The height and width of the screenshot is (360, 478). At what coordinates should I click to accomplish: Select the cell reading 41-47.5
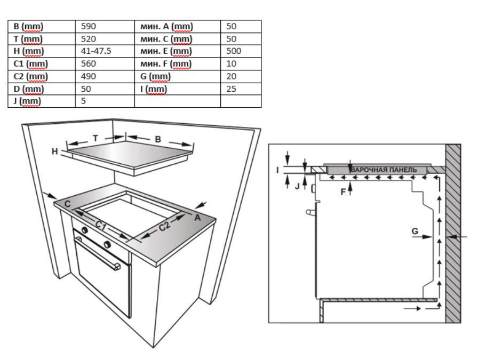coord(95,51)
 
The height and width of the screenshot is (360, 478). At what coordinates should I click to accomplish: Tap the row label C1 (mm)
coord(30,64)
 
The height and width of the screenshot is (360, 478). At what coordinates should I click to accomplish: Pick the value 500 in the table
coord(234,51)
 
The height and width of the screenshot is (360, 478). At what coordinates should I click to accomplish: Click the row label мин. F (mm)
coord(166,64)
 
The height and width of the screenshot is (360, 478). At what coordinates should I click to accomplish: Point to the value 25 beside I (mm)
coord(231,89)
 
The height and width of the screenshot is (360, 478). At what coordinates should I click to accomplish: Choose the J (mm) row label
coord(27,101)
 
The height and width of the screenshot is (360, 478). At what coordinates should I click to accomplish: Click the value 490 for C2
coord(88,76)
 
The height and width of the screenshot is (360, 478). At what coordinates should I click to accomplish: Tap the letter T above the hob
coord(95,138)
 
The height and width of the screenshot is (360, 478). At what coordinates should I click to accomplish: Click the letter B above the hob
coord(157,139)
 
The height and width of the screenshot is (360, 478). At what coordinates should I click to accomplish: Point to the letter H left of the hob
coord(54,151)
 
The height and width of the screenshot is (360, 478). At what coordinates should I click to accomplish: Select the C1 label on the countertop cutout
coord(101,225)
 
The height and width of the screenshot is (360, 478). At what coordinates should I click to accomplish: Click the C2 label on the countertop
coord(164,227)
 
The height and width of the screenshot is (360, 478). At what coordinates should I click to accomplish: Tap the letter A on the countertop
coord(197,218)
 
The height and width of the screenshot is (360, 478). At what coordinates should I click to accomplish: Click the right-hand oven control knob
coord(107,244)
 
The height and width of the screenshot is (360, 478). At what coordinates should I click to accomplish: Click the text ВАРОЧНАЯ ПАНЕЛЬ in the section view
coord(384,170)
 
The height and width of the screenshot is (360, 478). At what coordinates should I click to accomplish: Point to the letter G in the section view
coord(415,231)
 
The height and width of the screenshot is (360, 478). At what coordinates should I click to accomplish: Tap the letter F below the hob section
coord(343,192)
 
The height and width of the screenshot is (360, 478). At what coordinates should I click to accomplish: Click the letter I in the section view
coord(277,170)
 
